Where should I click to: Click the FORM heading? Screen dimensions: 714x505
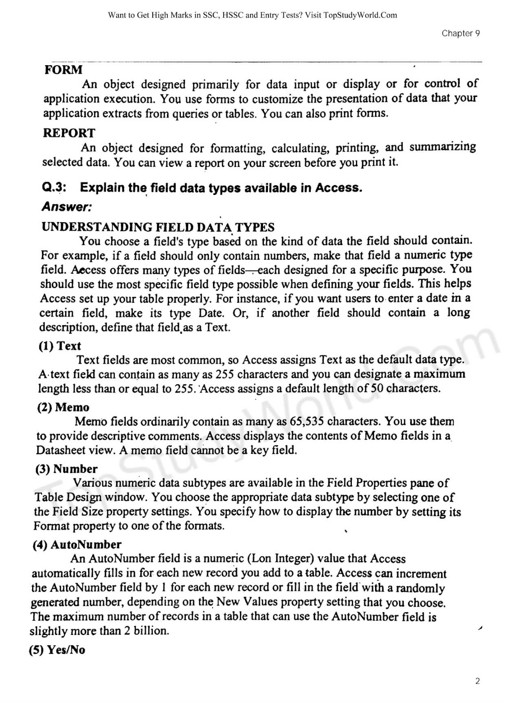pos(63,70)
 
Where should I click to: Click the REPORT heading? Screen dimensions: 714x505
pos(69,133)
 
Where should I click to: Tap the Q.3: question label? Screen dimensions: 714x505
pos(54,187)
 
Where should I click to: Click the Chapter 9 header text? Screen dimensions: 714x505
pos(461,33)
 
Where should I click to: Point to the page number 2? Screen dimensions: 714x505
pos(477,681)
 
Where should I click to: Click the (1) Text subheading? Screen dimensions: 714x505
pos(60,346)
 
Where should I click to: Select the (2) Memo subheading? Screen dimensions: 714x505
pos(63,407)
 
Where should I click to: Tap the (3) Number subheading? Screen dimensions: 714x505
pos(66,469)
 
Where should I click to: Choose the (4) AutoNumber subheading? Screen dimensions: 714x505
pos(77,544)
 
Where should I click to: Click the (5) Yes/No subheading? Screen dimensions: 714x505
pos(57,650)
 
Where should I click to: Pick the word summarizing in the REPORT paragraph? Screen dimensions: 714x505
pos(442,147)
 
